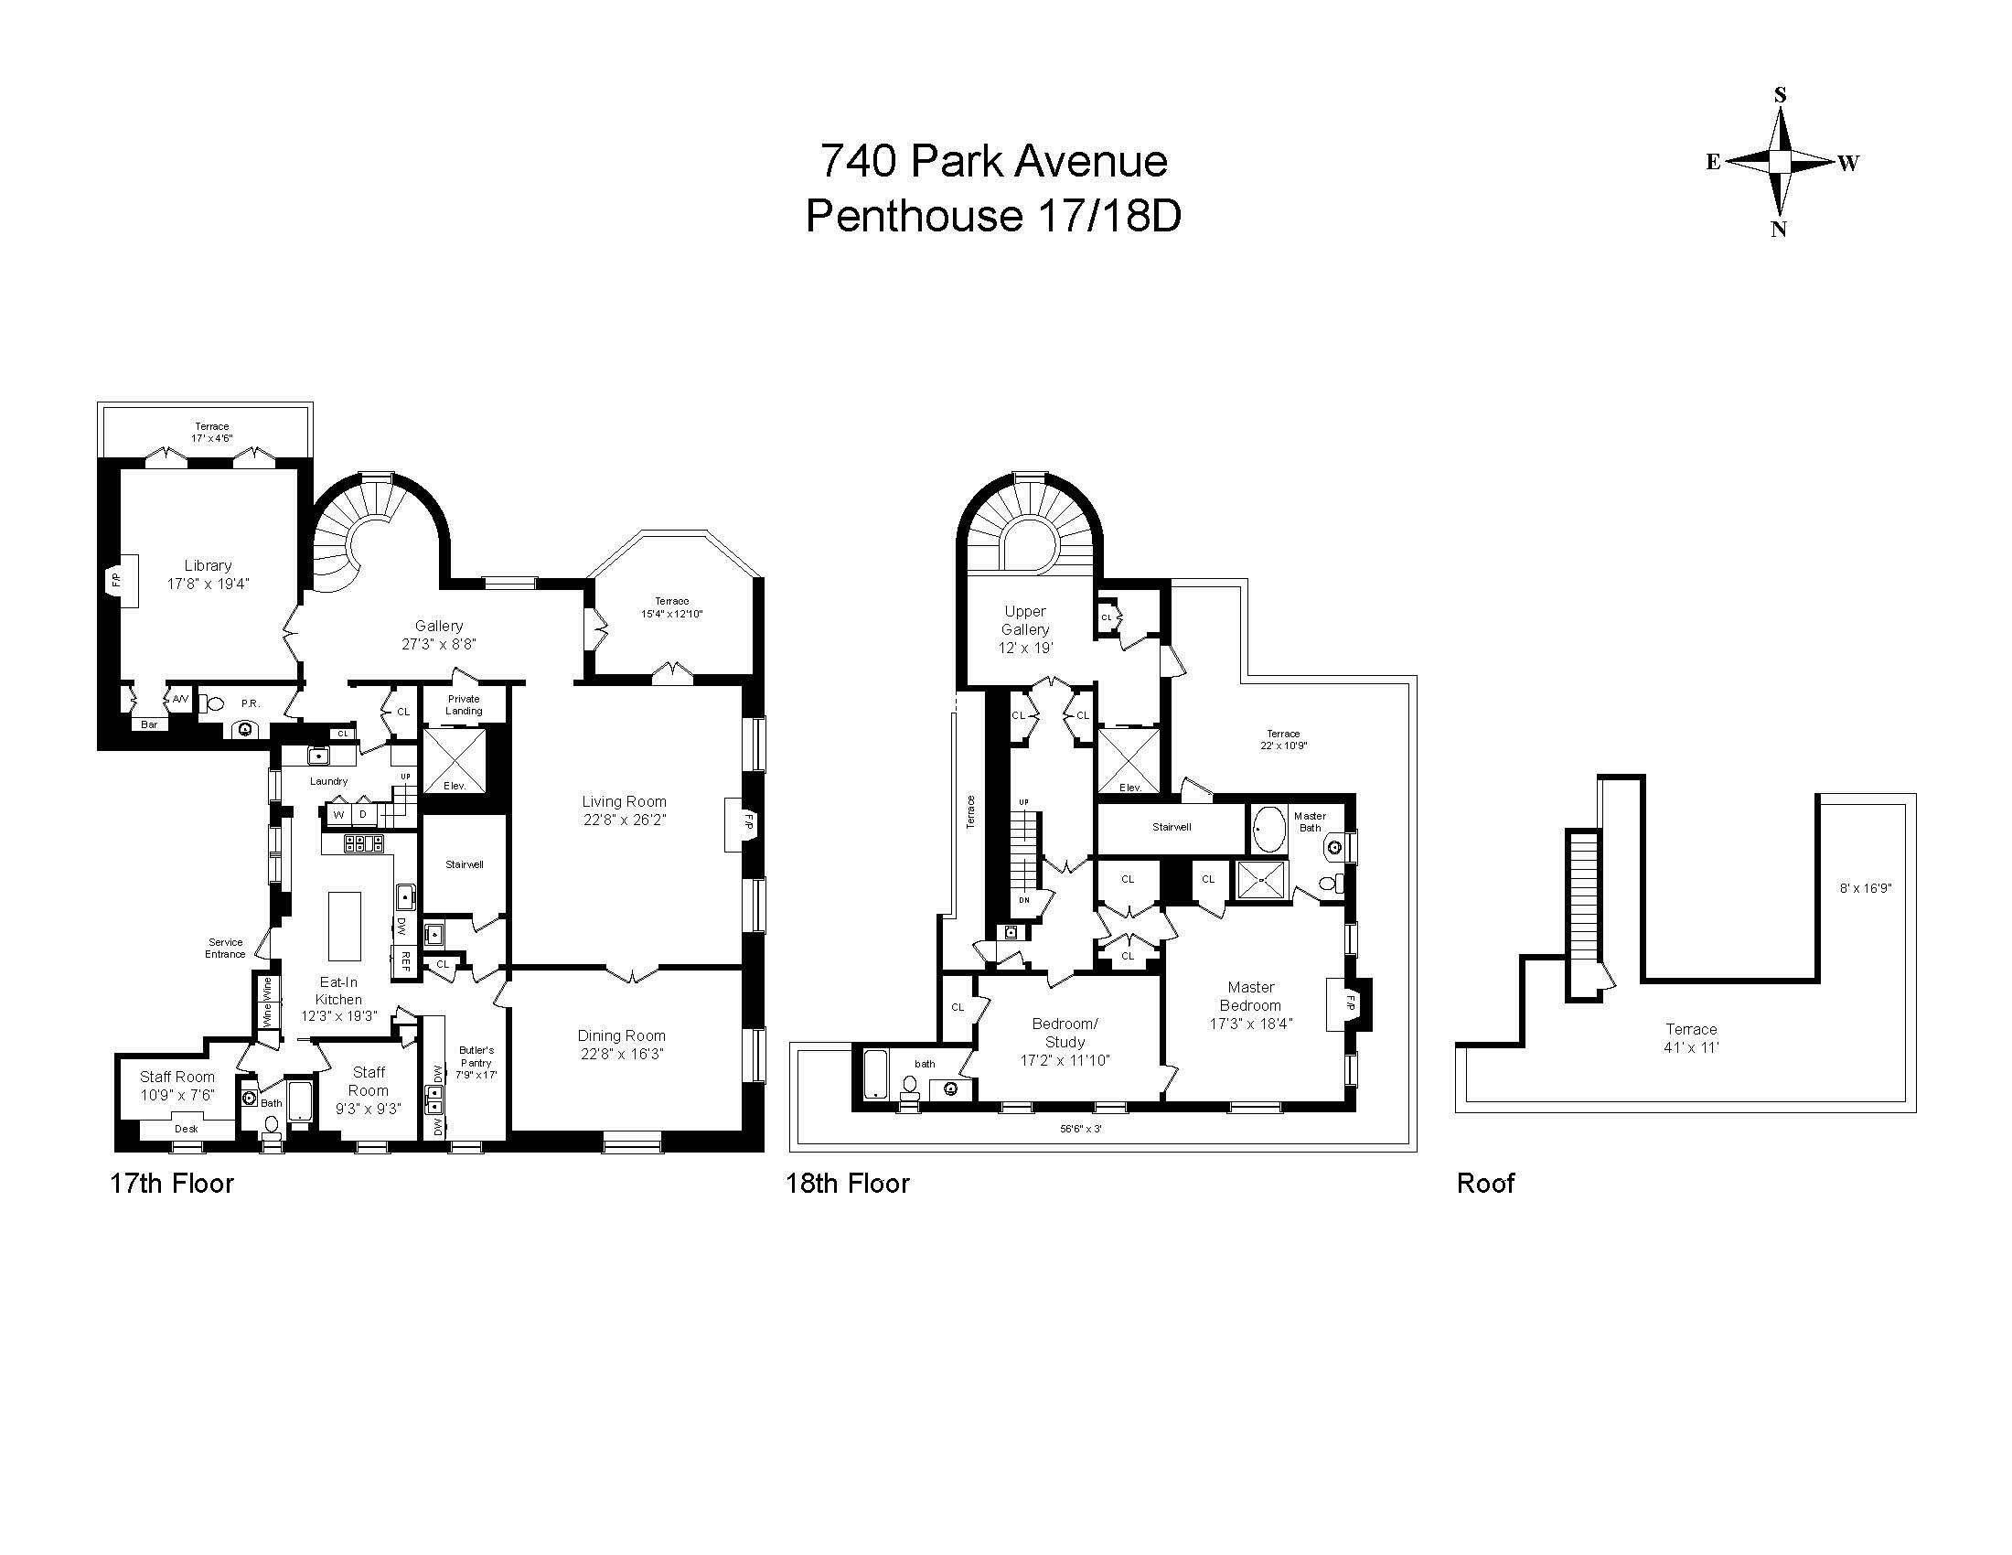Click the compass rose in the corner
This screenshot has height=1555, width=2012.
click(1780, 162)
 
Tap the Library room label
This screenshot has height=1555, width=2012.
click(208, 565)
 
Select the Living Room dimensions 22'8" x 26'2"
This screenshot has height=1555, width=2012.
click(624, 820)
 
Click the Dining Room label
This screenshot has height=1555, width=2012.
click(621, 1035)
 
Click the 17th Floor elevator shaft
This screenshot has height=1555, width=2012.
click(454, 760)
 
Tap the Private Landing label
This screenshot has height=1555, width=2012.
click(464, 704)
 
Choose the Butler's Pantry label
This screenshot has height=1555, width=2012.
click(476, 1062)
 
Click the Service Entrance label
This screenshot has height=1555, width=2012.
click(225, 948)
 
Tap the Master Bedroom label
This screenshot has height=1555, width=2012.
click(1250, 996)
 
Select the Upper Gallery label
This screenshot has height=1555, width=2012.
click(1024, 620)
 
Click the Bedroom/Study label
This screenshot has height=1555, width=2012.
click(1064, 1033)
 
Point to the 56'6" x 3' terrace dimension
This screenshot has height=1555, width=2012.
click(1080, 1128)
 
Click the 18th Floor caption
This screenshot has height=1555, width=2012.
click(847, 1184)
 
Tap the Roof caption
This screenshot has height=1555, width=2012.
click(1485, 1184)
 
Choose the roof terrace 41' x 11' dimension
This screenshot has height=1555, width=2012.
click(1691, 1047)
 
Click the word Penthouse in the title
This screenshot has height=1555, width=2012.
click(913, 218)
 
